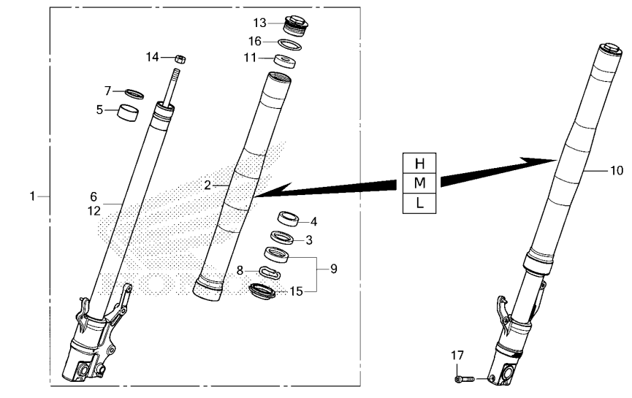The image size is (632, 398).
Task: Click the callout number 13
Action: [x=259, y=23]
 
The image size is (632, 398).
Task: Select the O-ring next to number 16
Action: [x=290, y=45]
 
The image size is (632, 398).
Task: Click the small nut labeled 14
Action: [x=180, y=59]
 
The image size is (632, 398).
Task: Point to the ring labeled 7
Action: [x=134, y=94]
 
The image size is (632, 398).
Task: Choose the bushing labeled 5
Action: [x=127, y=112]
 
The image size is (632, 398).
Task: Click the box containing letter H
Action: [x=419, y=163]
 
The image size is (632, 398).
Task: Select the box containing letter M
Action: [x=419, y=183]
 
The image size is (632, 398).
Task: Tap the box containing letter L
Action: [x=419, y=203]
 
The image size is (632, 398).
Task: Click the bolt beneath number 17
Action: [x=464, y=379]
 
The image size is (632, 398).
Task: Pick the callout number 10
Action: [x=617, y=170]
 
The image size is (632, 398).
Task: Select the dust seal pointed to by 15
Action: [x=262, y=290]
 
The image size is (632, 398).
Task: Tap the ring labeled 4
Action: [x=288, y=219]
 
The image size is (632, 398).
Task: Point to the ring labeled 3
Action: [x=281, y=237]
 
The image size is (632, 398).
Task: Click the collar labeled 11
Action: [x=285, y=61]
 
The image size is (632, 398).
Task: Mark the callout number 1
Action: [x=32, y=196]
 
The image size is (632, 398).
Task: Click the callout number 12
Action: [x=94, y=210]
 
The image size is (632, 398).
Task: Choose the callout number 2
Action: [x=208, y=185]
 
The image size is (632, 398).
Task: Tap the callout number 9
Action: [x=334, y=269]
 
